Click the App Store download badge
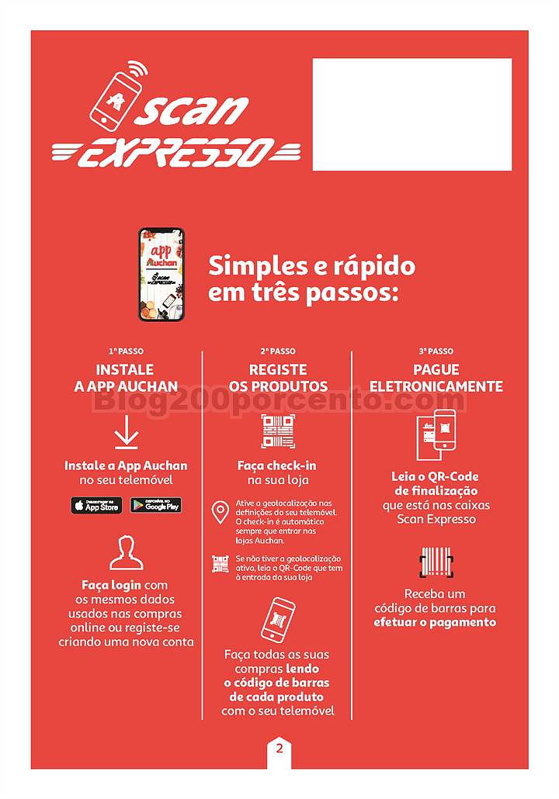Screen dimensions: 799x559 [x=97, y=506]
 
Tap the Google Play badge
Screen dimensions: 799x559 [x=155, y=506]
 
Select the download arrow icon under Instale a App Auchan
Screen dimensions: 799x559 [x=126, y=432]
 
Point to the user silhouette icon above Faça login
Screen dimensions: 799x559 [x=126, y=552]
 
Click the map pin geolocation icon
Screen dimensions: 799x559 [x=220, y=513]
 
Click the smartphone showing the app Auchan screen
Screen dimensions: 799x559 [x=161, y=274]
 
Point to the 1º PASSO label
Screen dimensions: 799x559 [x=126, y=351]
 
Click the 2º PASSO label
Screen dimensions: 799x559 [x=277, y=351]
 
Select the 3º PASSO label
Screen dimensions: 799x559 [x=436, y=351]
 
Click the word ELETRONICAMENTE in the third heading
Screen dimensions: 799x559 [x=436, y=386]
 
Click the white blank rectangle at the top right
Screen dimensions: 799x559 [x=411, y=114]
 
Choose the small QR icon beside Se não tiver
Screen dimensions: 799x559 [x=220, y=564]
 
